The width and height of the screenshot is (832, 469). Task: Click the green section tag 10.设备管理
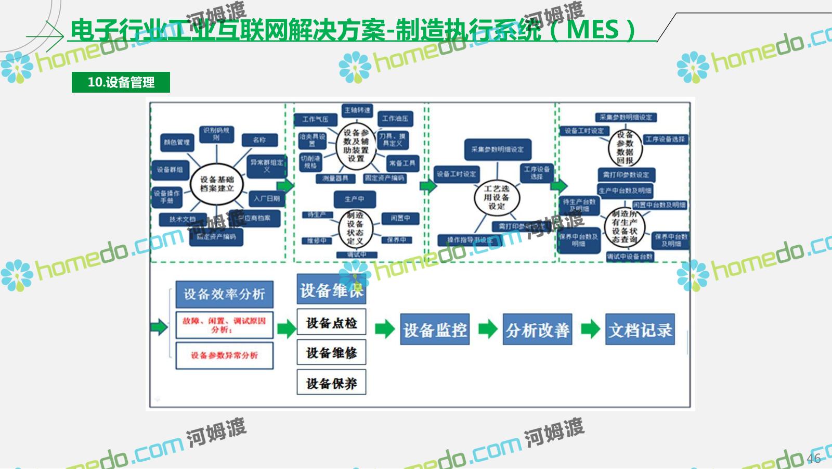(x=121, y=82)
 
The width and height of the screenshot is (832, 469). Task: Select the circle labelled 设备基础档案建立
(x=217, y=184)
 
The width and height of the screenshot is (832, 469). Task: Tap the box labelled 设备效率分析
(x=224, y=294)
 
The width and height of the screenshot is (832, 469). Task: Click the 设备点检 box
(x=331, y=323)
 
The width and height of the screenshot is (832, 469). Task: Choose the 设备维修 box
(x=331, y=352)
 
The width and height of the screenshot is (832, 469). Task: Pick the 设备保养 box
(x=331, y=383)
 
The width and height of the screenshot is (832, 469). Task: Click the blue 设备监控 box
(x=435, y=329)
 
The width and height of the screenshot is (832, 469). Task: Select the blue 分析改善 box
(x=537, y=329)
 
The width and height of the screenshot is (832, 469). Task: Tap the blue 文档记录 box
(x=640, y=329)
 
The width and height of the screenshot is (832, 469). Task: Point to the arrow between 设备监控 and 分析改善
(x=487, y=329)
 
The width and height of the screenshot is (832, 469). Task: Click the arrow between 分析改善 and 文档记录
(x=590, y=329)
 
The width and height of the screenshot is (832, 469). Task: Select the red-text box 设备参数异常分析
(x=224, y=356)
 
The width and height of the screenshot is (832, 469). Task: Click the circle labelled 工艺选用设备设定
(x=497, y=197)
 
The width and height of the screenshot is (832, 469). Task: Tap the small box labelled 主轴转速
(x=357, y=110)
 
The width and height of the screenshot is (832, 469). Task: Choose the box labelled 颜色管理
(x=176, y=142)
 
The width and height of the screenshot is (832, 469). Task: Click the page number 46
(x=814, y=458)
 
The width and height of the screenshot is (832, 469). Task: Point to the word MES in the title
(x=592, y=30)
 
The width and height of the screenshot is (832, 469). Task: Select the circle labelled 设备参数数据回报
(x=625, y=148)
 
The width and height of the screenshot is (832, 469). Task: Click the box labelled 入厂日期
(x=267, y=198)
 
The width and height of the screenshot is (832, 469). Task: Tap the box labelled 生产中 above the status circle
(x=354, y=199)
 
